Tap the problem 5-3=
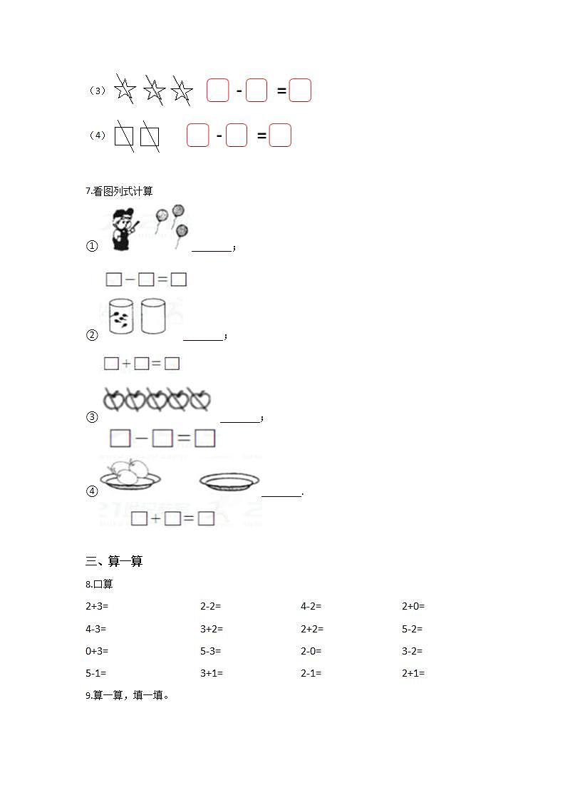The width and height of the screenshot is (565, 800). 211,651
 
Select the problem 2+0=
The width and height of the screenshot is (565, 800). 413,607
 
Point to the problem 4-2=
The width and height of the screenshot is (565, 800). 311,607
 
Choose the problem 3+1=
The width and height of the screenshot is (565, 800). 212,673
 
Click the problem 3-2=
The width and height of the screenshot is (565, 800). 413,651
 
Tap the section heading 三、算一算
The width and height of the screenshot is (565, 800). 114,562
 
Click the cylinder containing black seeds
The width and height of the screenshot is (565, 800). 121,316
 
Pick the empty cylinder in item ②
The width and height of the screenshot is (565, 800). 153,316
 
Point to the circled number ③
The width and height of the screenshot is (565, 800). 92,417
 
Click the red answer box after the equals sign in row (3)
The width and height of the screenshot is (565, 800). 301,91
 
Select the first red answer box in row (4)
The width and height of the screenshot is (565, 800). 197,135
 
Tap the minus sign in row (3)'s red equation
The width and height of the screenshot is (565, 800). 239,91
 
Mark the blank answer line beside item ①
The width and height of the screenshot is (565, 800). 212,250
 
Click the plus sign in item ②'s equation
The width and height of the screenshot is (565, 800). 127,364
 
